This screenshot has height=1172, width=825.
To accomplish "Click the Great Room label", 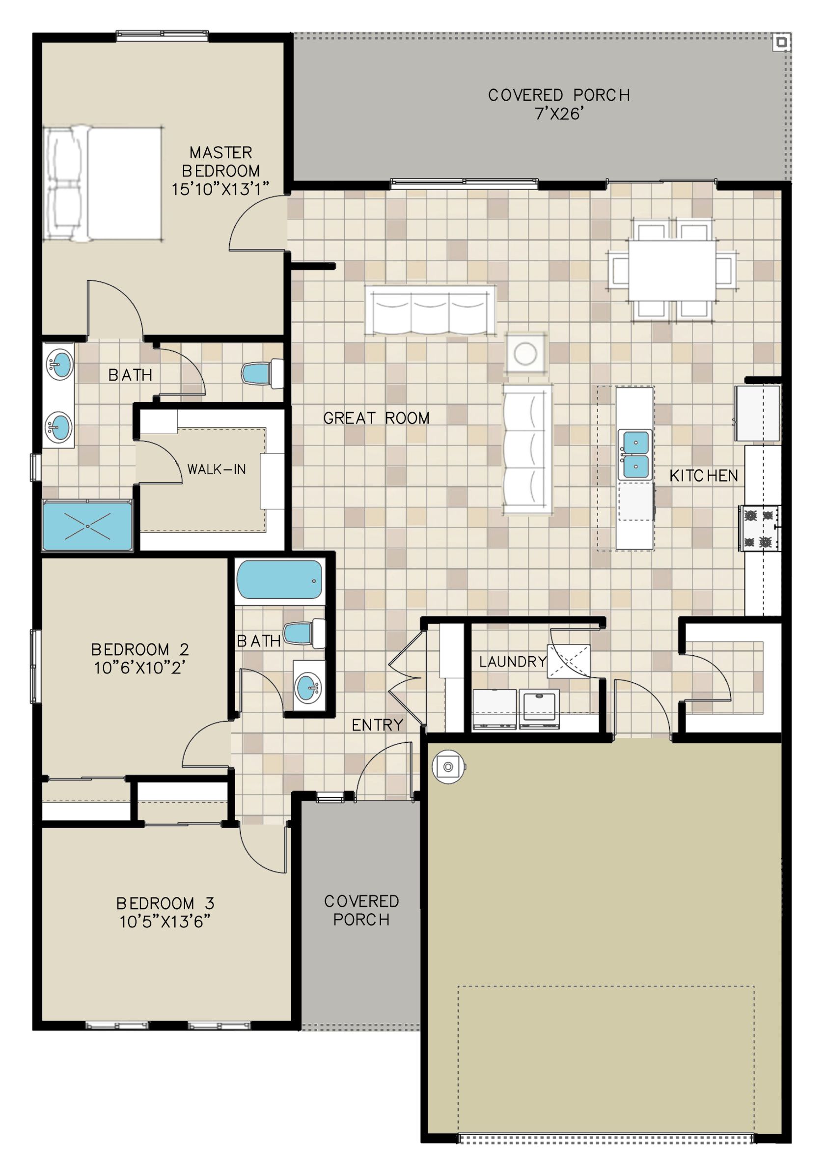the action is [376, 418].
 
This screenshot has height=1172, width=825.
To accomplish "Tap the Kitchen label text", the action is [704, 476].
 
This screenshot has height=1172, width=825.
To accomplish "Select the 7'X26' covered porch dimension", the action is [559, 113].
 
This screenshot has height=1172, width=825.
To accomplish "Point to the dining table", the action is [672, 271].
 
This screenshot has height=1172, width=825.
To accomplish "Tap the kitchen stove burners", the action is [759, 528].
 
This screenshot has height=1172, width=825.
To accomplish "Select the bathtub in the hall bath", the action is [279, 580].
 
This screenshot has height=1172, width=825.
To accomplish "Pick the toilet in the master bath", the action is [262, 374].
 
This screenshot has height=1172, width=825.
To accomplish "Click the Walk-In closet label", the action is [217, 469].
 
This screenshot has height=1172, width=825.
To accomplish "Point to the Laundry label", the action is [513, 662].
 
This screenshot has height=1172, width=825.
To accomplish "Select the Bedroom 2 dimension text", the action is [139, 668].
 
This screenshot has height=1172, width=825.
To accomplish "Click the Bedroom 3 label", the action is [165, 903].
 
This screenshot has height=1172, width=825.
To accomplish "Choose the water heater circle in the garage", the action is [448, 766].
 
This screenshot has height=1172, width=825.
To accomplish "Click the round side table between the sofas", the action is [525, 353].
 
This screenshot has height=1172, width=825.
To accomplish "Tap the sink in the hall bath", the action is [309, 685].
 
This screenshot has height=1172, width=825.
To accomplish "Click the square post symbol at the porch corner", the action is [780, 43].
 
